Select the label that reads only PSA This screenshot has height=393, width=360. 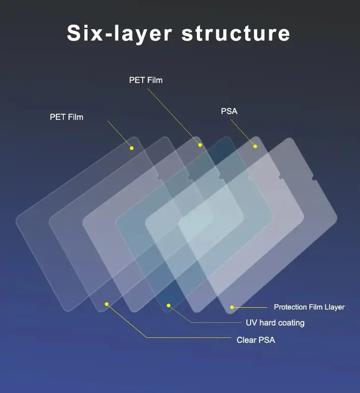229,111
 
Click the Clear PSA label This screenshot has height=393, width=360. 256,340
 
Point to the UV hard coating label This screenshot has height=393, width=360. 275,323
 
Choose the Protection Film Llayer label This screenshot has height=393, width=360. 309,307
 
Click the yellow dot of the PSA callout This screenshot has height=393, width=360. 255,146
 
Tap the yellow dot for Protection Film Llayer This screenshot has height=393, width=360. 232,307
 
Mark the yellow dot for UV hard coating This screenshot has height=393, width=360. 169,305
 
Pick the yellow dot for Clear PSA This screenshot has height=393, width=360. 106,303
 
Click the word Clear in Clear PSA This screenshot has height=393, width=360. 247,340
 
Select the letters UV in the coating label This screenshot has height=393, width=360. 251,323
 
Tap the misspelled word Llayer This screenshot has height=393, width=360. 334,307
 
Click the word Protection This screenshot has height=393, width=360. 290,307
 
